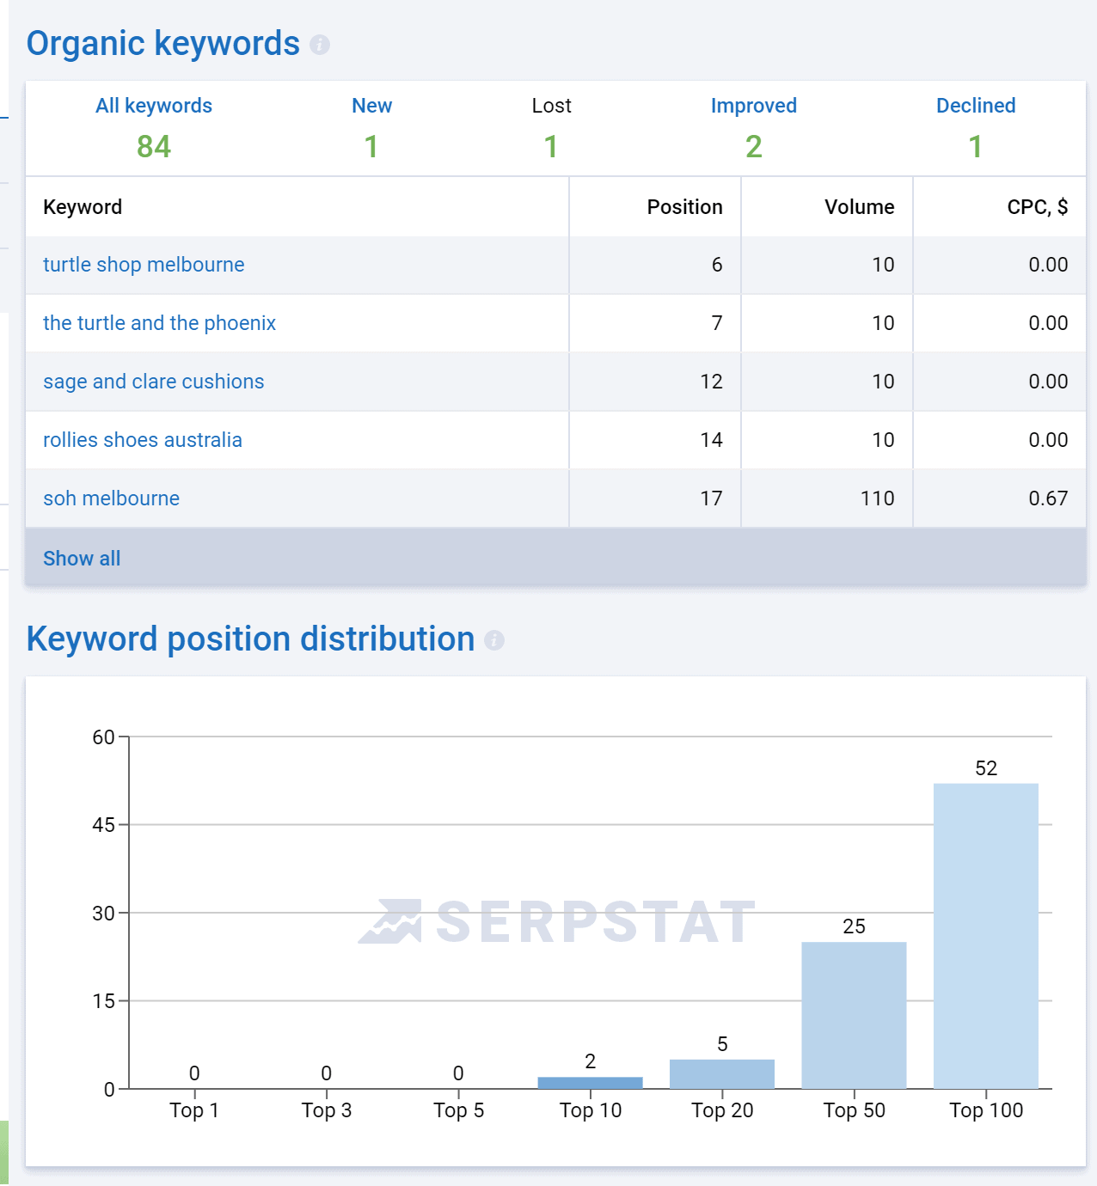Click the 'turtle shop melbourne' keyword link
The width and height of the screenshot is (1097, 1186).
point(144,265)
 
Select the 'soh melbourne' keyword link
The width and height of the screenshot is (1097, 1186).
point(111,498)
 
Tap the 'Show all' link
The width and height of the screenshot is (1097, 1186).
point(82,559)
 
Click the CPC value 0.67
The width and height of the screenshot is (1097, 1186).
point(1048,498)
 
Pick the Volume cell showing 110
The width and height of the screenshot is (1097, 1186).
point(877,498)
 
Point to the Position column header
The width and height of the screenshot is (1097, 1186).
point(684,207)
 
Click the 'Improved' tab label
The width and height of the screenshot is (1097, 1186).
point(753,106)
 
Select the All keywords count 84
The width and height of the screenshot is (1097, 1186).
point(154,147)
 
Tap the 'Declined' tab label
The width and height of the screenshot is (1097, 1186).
point(976,106)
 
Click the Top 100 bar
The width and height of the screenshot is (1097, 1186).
point(985,936)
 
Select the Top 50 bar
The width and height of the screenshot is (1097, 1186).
point(854,1015)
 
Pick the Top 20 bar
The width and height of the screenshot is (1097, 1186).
point(722,1074)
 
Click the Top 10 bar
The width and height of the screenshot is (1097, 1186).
point(590,1083)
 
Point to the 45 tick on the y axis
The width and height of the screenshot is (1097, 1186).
point(103,825)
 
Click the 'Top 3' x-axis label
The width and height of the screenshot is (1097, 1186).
point(327,1110)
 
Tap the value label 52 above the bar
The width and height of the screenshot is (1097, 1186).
point(986,768)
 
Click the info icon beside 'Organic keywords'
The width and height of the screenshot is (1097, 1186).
point(320,45)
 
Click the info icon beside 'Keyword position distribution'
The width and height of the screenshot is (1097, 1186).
point(494,640)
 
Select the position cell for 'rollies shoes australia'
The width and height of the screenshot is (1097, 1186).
point(711,440)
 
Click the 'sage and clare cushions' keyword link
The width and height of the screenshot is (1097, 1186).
point(154,382)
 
